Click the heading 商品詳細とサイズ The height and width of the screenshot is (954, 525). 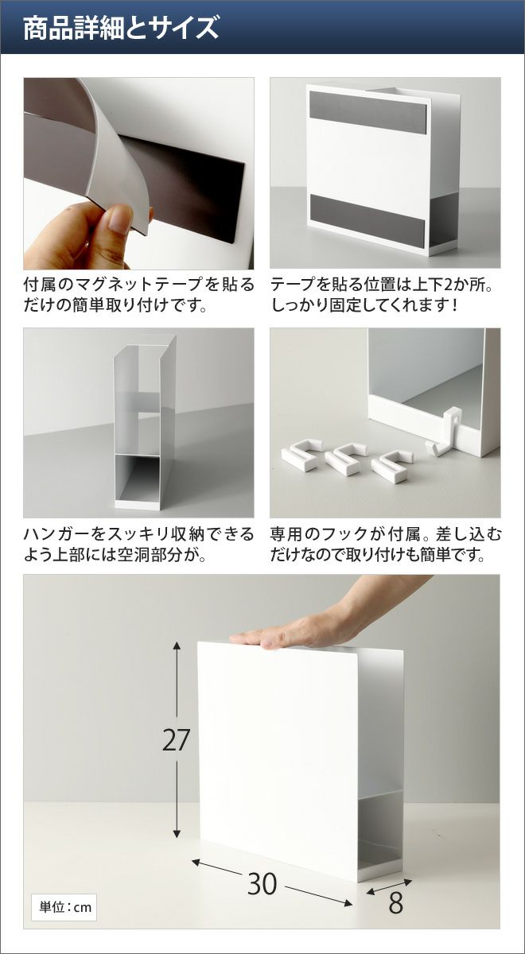[x=121, y=28]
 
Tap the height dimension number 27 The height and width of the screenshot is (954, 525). [x=176, y=740]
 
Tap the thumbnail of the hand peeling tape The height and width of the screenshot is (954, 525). [x=138, y=173]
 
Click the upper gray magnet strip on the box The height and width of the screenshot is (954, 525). [x=367, y=112]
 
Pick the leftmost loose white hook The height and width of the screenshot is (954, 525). [x=302, y=455]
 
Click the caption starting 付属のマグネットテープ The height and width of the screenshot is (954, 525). [x=138, y=295]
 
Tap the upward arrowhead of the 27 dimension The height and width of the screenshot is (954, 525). [x=177, y=646]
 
